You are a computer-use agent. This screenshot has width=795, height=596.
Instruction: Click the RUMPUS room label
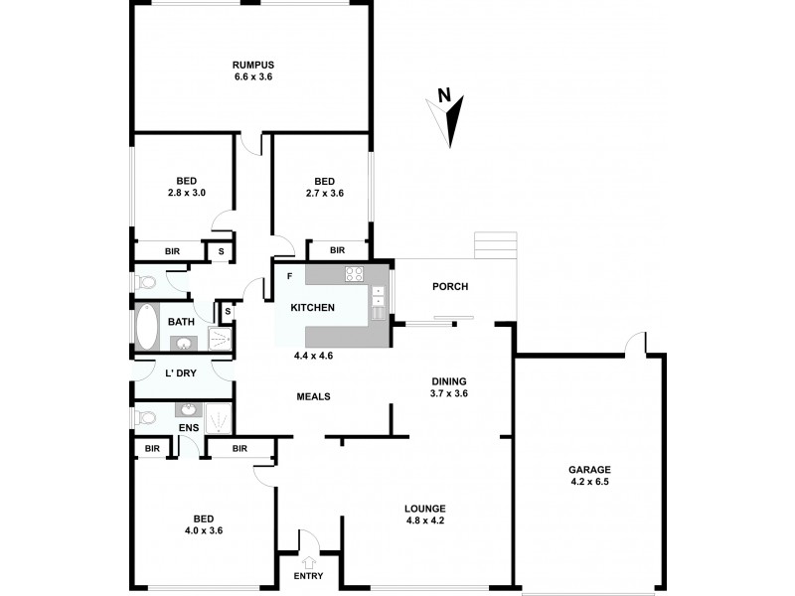[x=252, y=66]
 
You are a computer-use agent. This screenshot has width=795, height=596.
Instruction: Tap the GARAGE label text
[x=589, y=470]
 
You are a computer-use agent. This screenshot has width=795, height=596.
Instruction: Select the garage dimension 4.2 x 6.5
[x=589, y=483]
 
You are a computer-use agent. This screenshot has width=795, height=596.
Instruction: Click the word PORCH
[x=449, y=287]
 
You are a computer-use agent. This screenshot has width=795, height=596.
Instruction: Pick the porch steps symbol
[x=496, y=244]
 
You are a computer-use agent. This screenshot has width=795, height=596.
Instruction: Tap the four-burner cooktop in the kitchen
[x=355, y=274]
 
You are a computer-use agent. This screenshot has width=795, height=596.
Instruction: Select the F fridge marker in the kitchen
[x=289, y=275]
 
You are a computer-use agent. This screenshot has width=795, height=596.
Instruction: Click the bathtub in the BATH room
[x=147, y=329]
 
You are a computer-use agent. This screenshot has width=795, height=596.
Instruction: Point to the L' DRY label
[x=180, y=373]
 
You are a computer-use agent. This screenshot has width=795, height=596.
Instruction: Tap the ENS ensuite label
[x=189, y=428]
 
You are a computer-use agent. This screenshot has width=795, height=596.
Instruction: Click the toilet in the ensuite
[x=145, y=415]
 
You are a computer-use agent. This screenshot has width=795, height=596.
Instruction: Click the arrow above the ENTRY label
[x=307, y=563]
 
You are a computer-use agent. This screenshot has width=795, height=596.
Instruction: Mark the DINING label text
[x=449, y=380]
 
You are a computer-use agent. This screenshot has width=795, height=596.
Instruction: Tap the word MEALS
[x=313, y=396]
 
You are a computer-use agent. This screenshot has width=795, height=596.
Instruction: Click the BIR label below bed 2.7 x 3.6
[x=337, y=250]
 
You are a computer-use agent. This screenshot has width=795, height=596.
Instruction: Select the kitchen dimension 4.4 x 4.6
[x=313, y=355]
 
